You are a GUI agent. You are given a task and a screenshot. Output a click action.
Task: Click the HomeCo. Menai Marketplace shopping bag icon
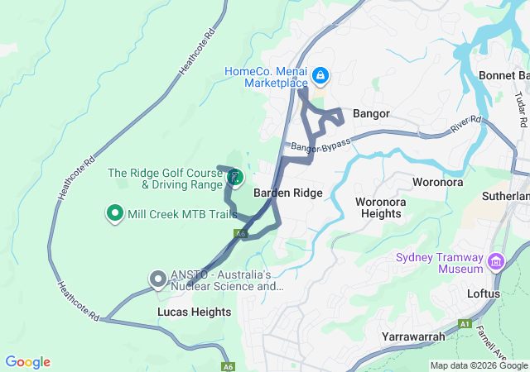(x=320, y=78)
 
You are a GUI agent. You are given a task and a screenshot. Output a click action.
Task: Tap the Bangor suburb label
(x=371, y=113)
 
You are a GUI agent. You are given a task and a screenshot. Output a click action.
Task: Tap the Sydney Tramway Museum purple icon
(x=496, y=262)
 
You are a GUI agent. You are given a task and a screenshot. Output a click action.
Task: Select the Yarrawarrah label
(x=413, y=336)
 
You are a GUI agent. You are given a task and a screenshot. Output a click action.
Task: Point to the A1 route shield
(x=465, y=323)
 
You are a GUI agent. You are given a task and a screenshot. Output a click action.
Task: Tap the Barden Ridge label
(x=287, y=193)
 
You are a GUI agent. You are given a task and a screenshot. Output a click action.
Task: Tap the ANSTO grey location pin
(x=157, y=279)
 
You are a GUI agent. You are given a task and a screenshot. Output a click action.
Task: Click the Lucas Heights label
(x=194, y=312)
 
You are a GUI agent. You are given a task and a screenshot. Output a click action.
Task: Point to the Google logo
(x=27, y=362)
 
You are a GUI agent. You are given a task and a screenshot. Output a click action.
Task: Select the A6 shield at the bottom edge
(x=228, y=366)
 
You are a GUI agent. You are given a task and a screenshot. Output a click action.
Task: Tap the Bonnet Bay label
(x=504, y=76)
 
